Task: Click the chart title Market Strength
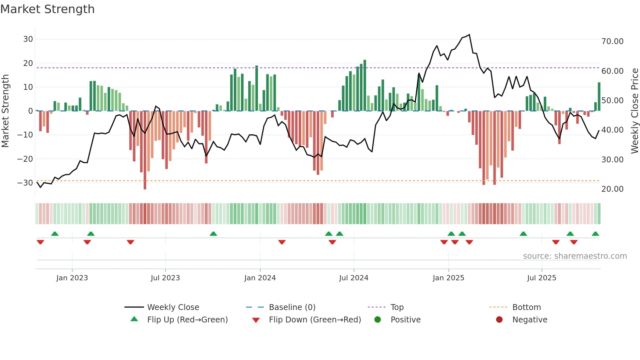point(47,9)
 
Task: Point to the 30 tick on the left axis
point(28,39)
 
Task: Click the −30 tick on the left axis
point(25,183)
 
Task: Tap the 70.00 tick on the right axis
point(612,41)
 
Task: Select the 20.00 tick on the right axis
point(612,189)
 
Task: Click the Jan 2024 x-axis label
point(260,278)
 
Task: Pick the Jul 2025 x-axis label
point(541,278)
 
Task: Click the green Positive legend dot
point(378,320)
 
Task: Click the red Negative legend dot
point(499,320)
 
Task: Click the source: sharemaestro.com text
point(575,256)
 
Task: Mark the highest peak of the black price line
point(469,35)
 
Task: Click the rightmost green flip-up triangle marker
point(595,234)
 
